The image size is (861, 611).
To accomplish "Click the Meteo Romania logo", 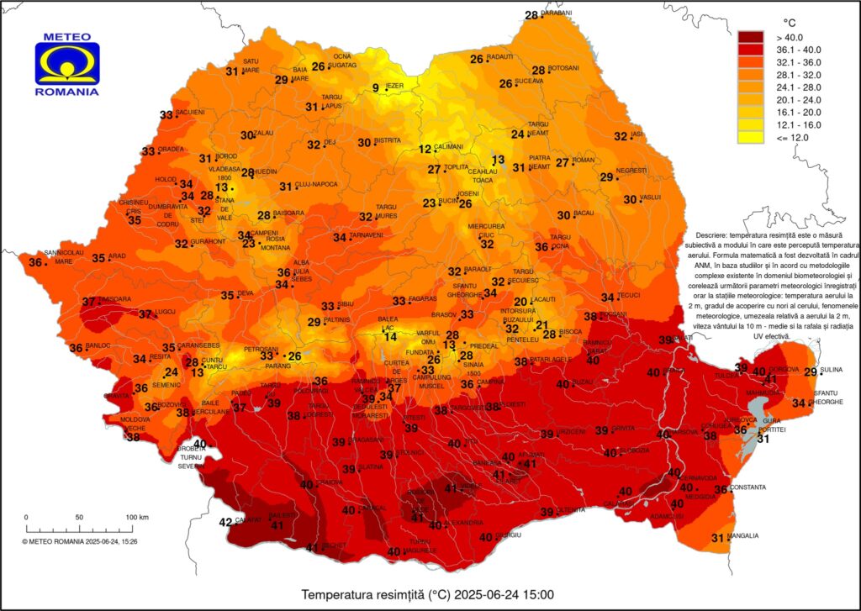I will [67, 63].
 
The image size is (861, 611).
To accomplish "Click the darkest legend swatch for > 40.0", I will [750, 37].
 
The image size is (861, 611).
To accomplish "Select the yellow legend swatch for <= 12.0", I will [750, 137].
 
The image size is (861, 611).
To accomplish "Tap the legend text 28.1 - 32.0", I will [799, 87].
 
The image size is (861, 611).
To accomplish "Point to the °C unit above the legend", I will [790, 22].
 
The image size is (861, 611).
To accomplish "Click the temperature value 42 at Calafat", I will [225, 522].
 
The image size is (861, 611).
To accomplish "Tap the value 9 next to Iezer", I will [376, 88].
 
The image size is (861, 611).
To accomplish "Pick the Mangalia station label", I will [743, 536].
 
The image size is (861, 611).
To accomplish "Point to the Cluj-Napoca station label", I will [316, 185].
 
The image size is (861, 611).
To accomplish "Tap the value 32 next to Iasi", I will [621, 136].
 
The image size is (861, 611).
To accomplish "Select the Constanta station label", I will [748, 487].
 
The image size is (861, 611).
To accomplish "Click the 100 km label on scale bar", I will [137, 516].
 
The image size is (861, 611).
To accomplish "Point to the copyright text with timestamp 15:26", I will [80, 541].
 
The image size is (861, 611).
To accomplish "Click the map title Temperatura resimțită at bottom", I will [429, 595].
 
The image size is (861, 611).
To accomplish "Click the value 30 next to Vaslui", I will [630, 199].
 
